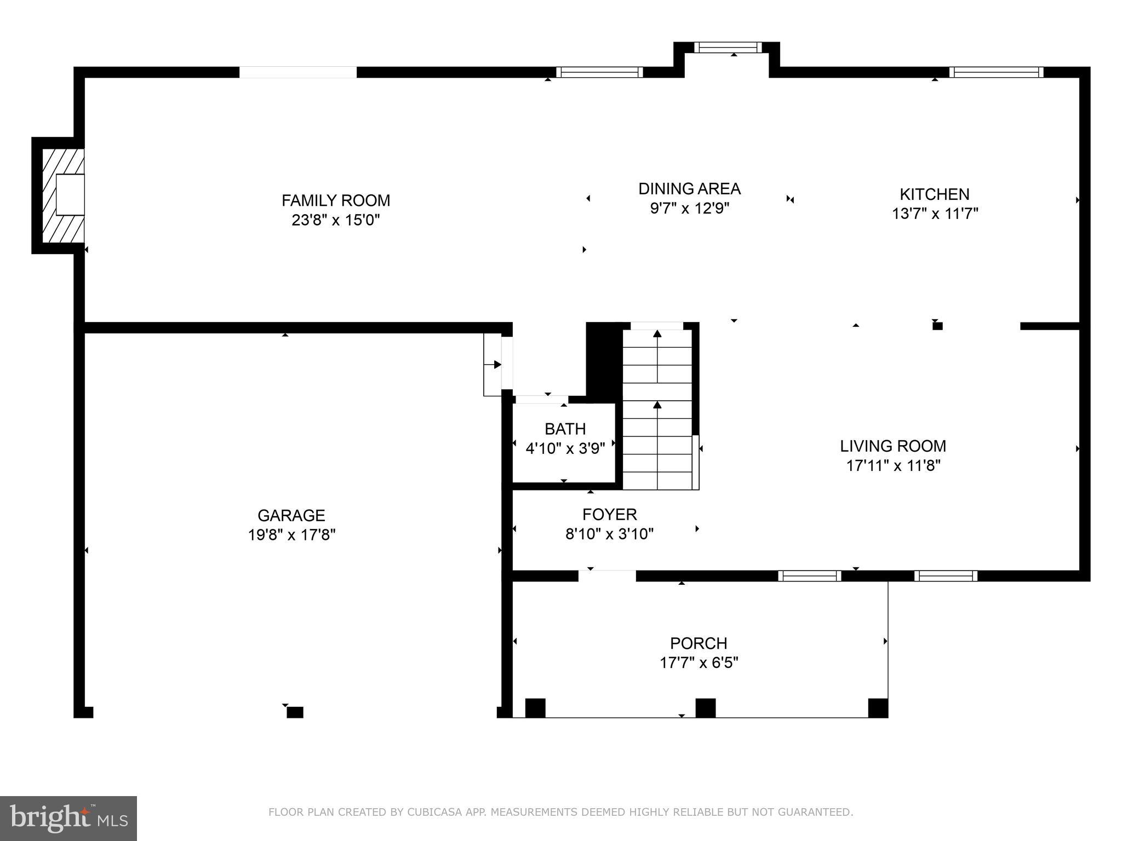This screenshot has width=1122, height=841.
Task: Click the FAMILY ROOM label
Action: pyautogui.click(x=336, y=200)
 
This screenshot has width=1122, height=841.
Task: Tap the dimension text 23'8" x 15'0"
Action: pyautogui.click(x=336, y=220)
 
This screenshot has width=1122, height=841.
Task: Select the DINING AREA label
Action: pyautogui.click(x=689, y=189)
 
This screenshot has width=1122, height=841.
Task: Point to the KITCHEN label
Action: pyautogui.click(x=934, y=194)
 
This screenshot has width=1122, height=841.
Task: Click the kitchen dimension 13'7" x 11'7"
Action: pyautogui.click(x=935, y=214)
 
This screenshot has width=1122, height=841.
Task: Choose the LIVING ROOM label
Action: pyautogui.click(x=892, y=446)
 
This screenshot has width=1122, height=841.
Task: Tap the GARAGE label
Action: pyautogui.click(x=291, y=515)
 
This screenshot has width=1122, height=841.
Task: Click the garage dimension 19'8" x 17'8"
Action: pyautogui.click(x=291, y=535)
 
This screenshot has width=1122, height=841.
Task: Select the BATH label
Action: pyautogui.click(x=565, y=429)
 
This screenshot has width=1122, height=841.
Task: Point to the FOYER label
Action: pyautogui.click(x=609, y=515)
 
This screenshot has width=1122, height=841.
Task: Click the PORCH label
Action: pyautogui.click(x=699, y=643)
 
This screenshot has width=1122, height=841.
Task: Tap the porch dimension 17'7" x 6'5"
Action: pyautogui.click(x=699, y=663)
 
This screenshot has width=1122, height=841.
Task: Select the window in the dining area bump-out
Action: pyautogui.click(x=728, y=48)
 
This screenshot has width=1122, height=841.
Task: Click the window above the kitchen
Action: pyautogui.click(x=995, y=72)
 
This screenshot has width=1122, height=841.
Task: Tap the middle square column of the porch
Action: pyautogui.click(x=705, y=708)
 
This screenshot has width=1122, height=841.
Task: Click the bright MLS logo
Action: pyautogui.click(x=68, y=818)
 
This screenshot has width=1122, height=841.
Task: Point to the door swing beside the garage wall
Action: pyautogui.click(x=493, y=365)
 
